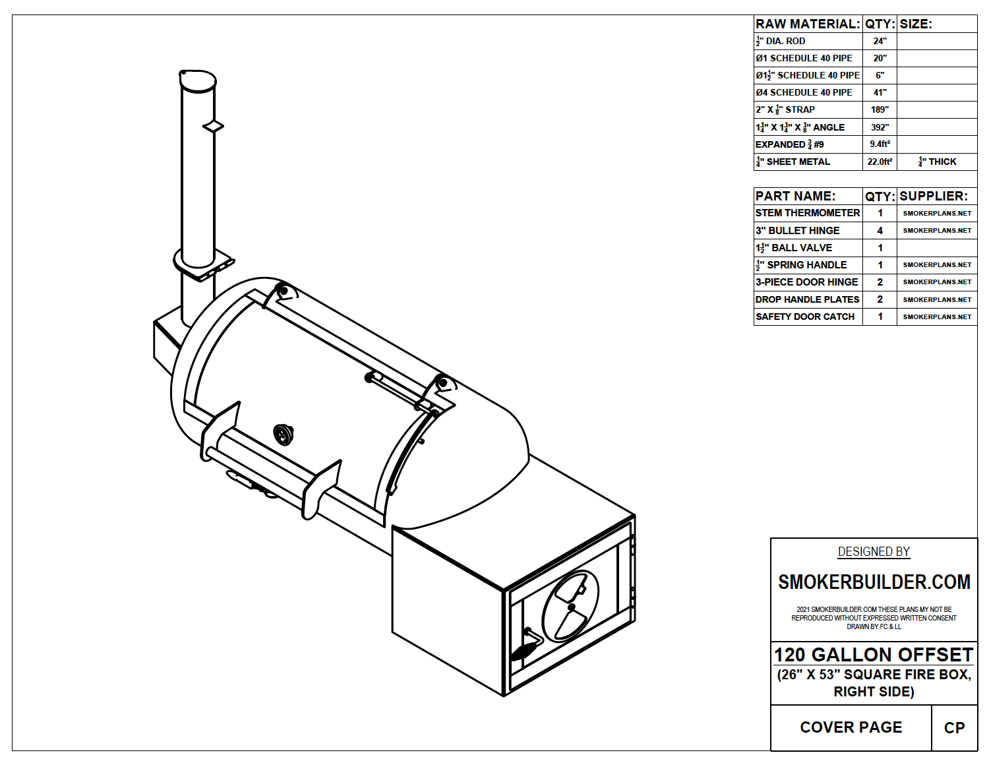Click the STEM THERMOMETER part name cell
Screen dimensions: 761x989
(808, 213)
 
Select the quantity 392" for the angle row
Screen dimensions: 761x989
(880, 127)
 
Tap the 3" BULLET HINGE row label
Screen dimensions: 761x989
(798, 230)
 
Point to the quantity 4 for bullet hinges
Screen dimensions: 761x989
(880, 230)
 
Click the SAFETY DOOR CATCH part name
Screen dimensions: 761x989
(805, 317)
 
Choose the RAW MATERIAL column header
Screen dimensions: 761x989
(808, 24)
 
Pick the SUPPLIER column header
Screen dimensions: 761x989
(934, 196)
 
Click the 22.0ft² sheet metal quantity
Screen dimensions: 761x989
(880, 162)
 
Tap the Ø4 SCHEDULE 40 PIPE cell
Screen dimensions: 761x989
(804, 92)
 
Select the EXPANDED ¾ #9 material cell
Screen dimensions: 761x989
(790, 144)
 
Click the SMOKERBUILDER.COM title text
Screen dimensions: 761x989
(874, 582)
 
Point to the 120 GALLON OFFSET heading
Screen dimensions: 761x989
(874, 655)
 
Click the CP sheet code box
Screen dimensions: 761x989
(954, 727)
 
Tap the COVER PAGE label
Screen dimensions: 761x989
(851, 727)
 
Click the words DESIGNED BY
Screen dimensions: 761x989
(874, 552)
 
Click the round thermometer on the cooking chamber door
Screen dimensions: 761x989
(284, 434)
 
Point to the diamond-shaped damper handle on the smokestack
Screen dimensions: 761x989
(213, 126)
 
